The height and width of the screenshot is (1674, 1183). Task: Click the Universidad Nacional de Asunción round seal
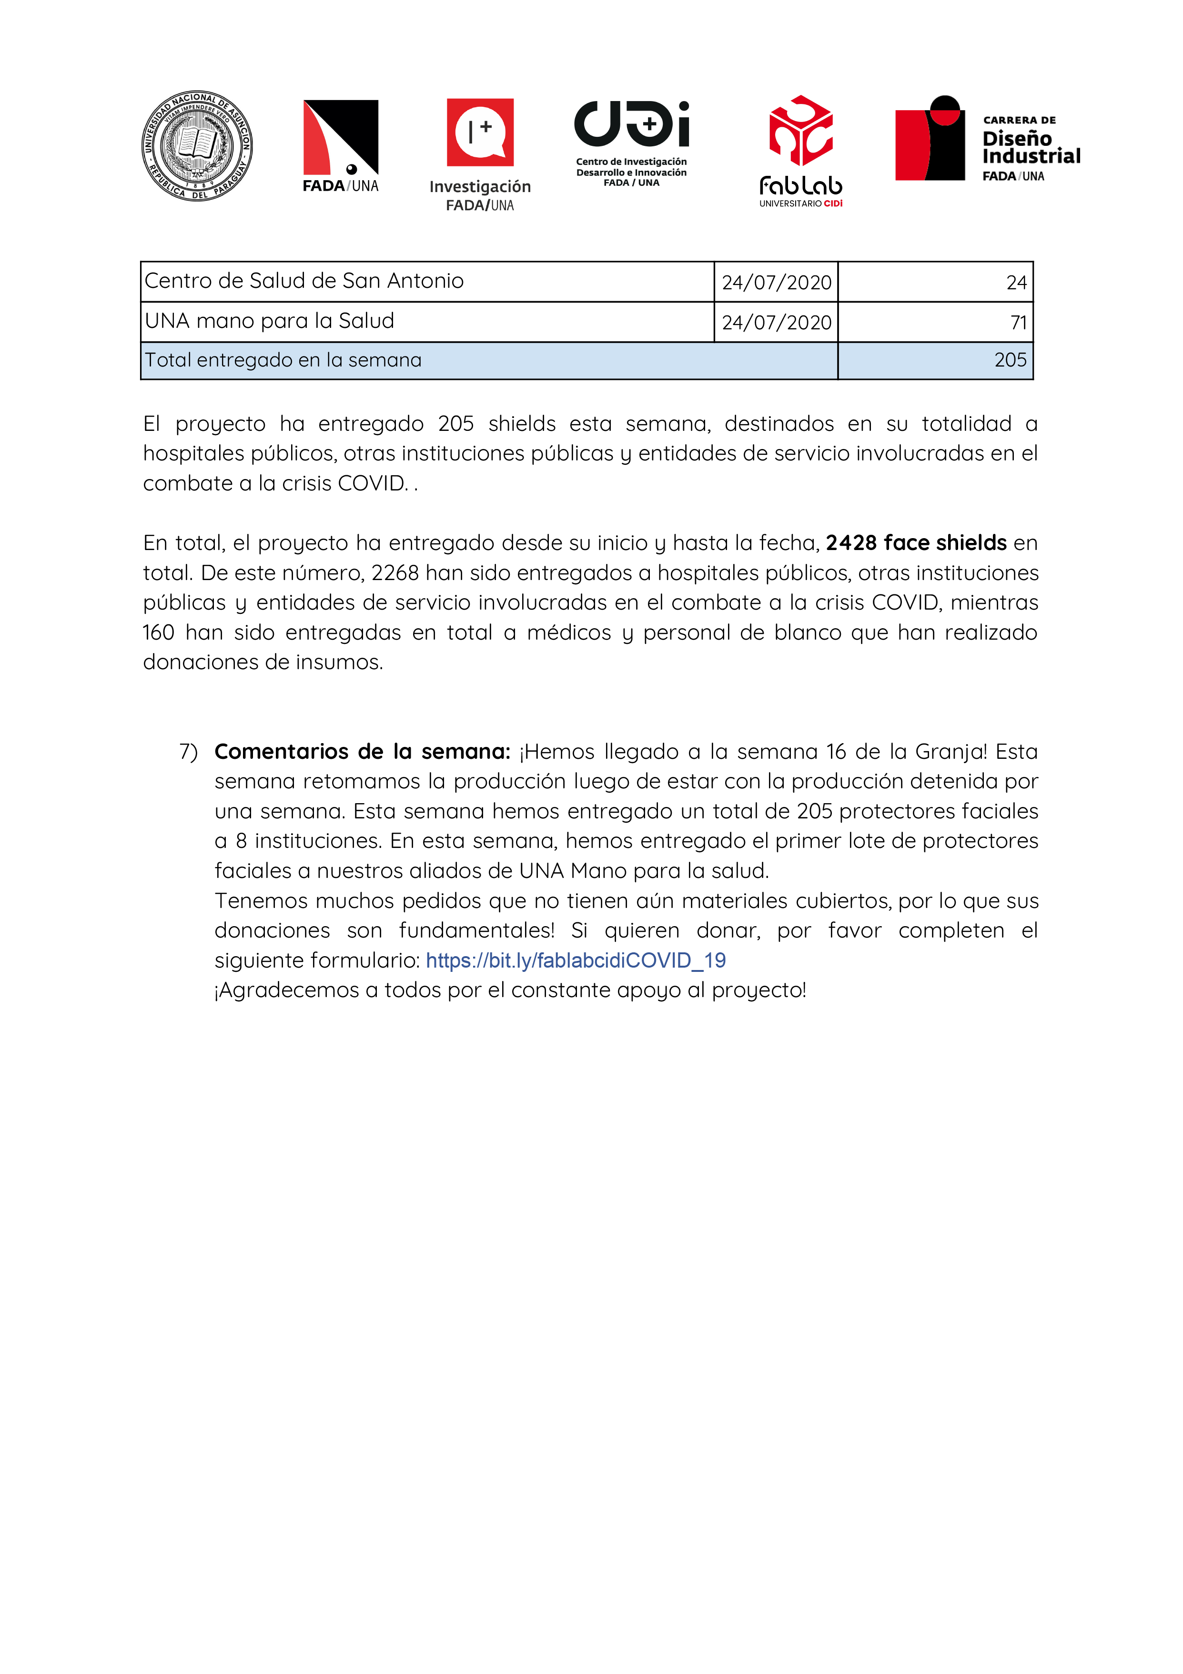tap(197, 146)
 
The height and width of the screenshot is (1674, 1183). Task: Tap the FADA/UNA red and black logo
tap(340, 139)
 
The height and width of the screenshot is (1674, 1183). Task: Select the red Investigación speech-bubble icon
tap(480, 132)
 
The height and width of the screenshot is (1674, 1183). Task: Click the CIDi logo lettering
tap(631, 123)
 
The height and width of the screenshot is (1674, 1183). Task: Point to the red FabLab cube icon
tap(800, 131)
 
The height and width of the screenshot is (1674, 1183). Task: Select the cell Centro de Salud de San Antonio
tap(304, 281)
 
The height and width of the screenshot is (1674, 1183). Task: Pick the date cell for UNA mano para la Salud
tap(776, 322)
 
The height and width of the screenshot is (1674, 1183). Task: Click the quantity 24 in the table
tap(1016, 283)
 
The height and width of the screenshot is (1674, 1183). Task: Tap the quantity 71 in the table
tap(1018, 322)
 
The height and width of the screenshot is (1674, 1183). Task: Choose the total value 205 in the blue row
tap(1010, 360)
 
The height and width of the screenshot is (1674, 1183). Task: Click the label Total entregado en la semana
tap(283, 360)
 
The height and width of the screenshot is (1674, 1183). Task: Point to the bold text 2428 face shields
tap(916, 543)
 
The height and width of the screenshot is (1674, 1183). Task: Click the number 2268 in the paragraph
tap(395, 573)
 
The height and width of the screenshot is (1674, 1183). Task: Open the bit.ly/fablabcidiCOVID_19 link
tap(576, 960)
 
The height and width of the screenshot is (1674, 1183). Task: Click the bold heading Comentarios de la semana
tap(362, 752)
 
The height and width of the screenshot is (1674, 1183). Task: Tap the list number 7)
tap(188, 752)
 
